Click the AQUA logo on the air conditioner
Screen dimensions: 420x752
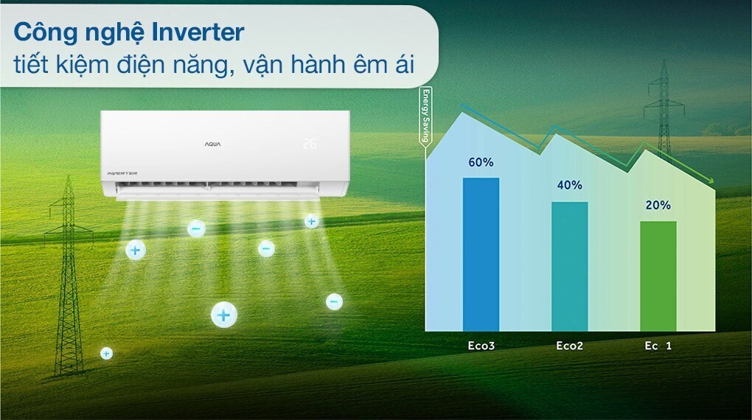click(212, 144)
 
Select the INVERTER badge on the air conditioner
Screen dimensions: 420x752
click(122, 172)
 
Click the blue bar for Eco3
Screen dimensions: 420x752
click(481, 254)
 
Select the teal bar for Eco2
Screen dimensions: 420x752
click(569, 266)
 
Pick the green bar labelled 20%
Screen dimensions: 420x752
click(658, 276)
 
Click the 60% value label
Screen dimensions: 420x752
click(480, 162)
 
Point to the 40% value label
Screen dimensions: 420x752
click(569, 186)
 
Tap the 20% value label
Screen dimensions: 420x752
click(658, 206)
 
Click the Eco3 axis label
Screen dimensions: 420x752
click(481, 345)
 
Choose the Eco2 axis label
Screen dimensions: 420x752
click(569, 345)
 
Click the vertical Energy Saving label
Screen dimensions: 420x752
click(425, 118)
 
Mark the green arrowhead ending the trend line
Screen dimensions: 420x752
click(709, 182)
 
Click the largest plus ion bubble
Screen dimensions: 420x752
click(224, 315)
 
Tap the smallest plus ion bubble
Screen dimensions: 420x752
click(106, 354)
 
